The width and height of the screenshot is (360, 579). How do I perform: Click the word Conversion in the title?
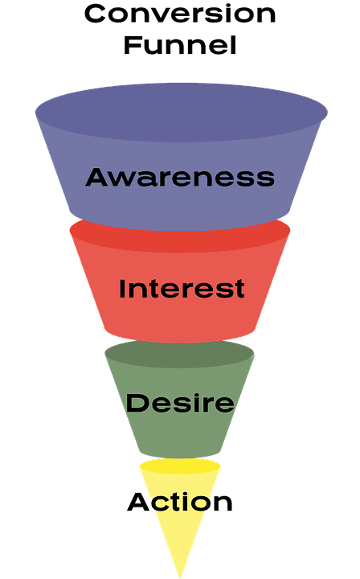pyautogui.click(x=180, y=14)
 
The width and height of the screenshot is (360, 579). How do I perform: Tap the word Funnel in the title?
pyautogui.click(x=180, y=44)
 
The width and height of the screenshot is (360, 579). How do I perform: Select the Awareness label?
pyautogui.click(x=180, y=177)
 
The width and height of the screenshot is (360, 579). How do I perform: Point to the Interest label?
pyautogui.click(x=182, y=289)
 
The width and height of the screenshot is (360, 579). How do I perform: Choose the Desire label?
pyautogui.click(x=180, y=402)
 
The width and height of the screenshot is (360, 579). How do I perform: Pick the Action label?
pyautogui.click(x=180, y=503)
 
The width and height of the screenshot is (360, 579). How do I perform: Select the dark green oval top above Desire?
pyautogui.click(x=180, y=354)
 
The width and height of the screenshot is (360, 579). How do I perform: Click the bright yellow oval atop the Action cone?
pyautogui.click(x=180, y=466)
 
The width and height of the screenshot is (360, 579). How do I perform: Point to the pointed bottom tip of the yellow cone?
pyautogui.click(x=180, y=573)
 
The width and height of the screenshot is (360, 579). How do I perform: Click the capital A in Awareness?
pyautogui.click(x=98, y=177)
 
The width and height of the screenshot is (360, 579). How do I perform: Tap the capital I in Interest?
pyautogui.click(x=123, y=289)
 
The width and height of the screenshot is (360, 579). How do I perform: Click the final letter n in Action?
pyautogui.click(x=223, y=504)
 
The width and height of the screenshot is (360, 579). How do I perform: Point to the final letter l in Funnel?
pyautogui.click(x=233, y=44)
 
